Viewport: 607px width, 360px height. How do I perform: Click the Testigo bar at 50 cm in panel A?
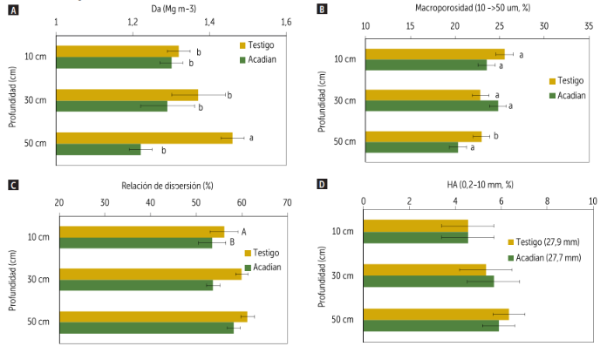144,138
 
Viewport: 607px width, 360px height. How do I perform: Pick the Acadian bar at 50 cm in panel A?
98,149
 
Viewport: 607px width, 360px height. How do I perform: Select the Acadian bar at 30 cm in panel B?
431,106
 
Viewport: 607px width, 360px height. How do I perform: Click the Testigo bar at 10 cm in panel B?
434,54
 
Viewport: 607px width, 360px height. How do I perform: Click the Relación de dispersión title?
173,185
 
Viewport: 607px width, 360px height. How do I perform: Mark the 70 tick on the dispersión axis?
287,202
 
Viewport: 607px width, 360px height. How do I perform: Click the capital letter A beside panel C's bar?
244,231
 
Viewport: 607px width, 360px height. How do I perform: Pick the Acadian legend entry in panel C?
268,266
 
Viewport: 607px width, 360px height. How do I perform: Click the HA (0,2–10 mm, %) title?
477,185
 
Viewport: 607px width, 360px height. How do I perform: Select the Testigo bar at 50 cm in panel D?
435,315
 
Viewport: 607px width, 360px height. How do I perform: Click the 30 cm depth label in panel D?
340,275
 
